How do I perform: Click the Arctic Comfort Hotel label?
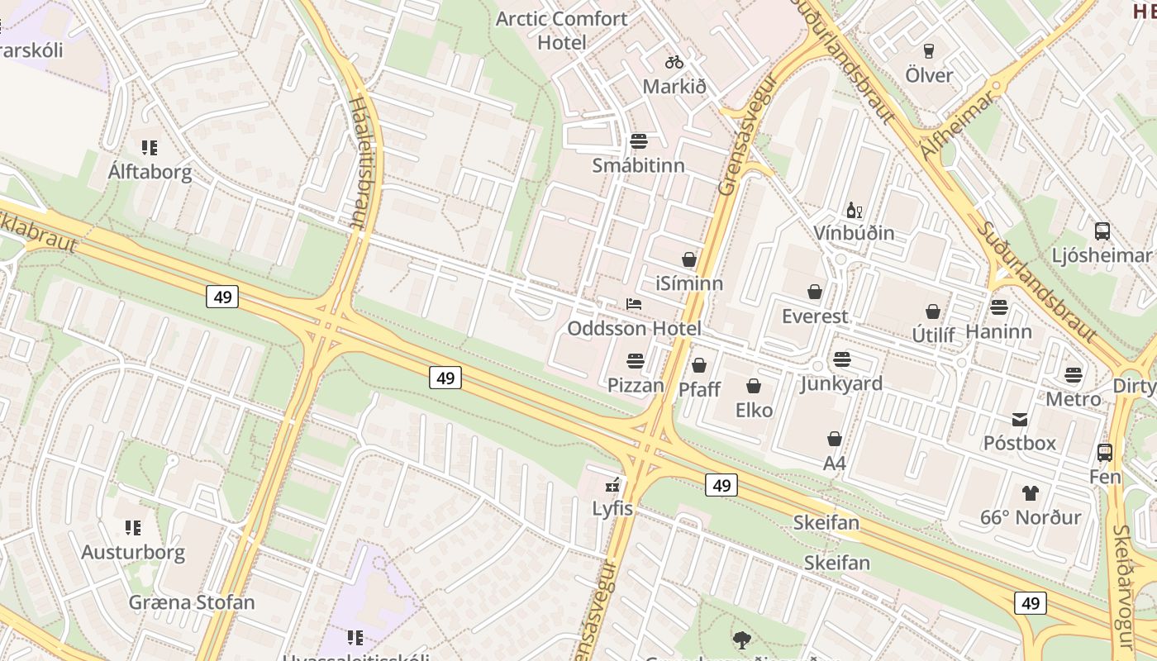561,31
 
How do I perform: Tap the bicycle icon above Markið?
674,62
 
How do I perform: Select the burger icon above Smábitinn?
639,141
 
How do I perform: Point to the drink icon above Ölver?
928,51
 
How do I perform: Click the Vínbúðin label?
854,233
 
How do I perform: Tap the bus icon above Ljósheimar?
1102,231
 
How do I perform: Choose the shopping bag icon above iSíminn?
689,259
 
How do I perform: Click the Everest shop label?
815,316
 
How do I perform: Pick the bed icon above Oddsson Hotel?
634,304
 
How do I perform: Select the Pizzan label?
636,385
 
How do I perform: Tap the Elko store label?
754,410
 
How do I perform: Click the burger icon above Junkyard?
842,359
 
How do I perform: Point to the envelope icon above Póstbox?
1020,420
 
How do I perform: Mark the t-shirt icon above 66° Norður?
1030,493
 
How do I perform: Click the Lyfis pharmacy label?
612,509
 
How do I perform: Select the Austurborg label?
133,552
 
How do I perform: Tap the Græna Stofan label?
192,602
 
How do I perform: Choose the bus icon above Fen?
1104,453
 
